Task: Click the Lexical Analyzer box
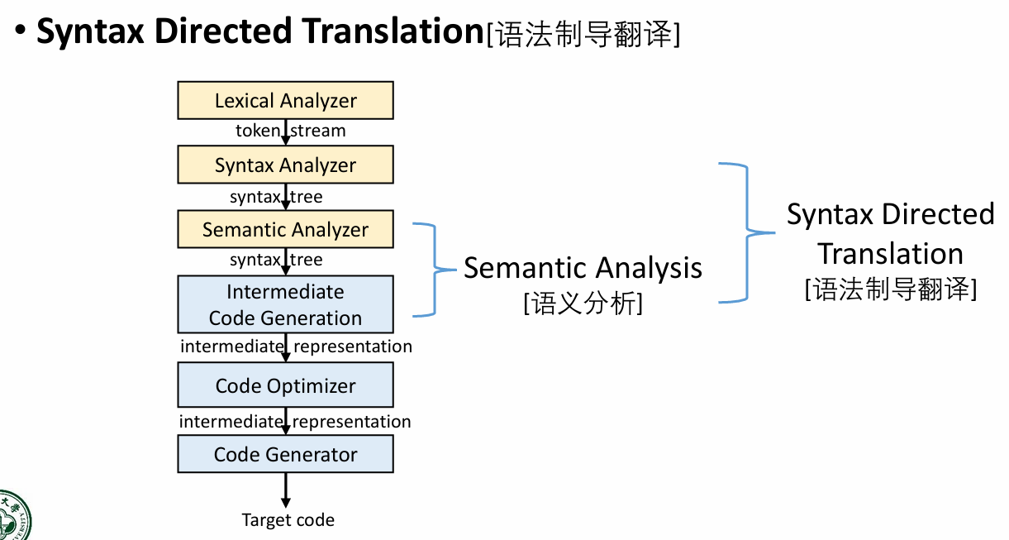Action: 285,101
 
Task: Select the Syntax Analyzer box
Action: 285,165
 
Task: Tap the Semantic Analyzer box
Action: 285,229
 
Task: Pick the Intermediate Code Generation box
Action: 285,304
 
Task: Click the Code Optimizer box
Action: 285,385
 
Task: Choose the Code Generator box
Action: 285,454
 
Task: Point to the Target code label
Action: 288,520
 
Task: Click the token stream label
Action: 290,131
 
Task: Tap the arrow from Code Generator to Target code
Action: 286,490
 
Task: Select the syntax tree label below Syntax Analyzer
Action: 276,197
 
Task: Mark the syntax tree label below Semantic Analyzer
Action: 276,260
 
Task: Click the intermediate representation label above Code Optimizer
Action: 296,346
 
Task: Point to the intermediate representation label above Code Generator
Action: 295,422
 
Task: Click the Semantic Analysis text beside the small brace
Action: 583,268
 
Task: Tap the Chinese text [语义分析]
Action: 583,304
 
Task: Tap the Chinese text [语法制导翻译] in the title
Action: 583,35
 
